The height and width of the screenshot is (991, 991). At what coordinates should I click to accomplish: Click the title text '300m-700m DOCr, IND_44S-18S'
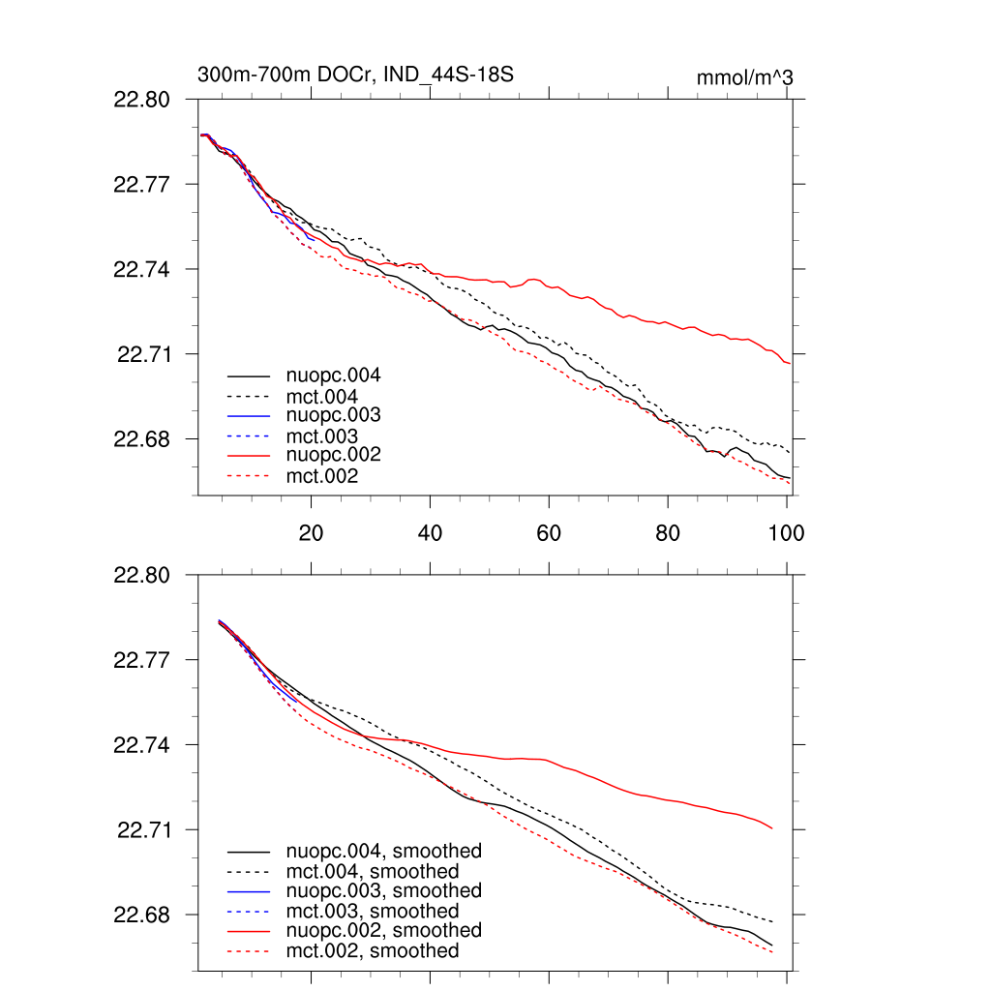click(x=355, y=75)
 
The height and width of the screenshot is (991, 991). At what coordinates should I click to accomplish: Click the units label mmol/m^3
click(x=744, y=77)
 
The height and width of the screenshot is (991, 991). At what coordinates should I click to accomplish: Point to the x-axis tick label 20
click(x=311, y=532)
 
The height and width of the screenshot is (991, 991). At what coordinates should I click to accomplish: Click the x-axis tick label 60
click(x=549, y=532)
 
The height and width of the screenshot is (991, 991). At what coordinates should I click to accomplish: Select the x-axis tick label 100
click(x=786, y=532)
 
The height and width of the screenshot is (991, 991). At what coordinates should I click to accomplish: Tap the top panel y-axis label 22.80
click(x=142, y=100)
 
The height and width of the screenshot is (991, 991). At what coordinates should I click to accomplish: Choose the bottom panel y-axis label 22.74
click(x=142, y=745)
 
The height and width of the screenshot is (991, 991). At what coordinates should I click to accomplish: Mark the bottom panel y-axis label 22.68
click(x=142, y=916)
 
